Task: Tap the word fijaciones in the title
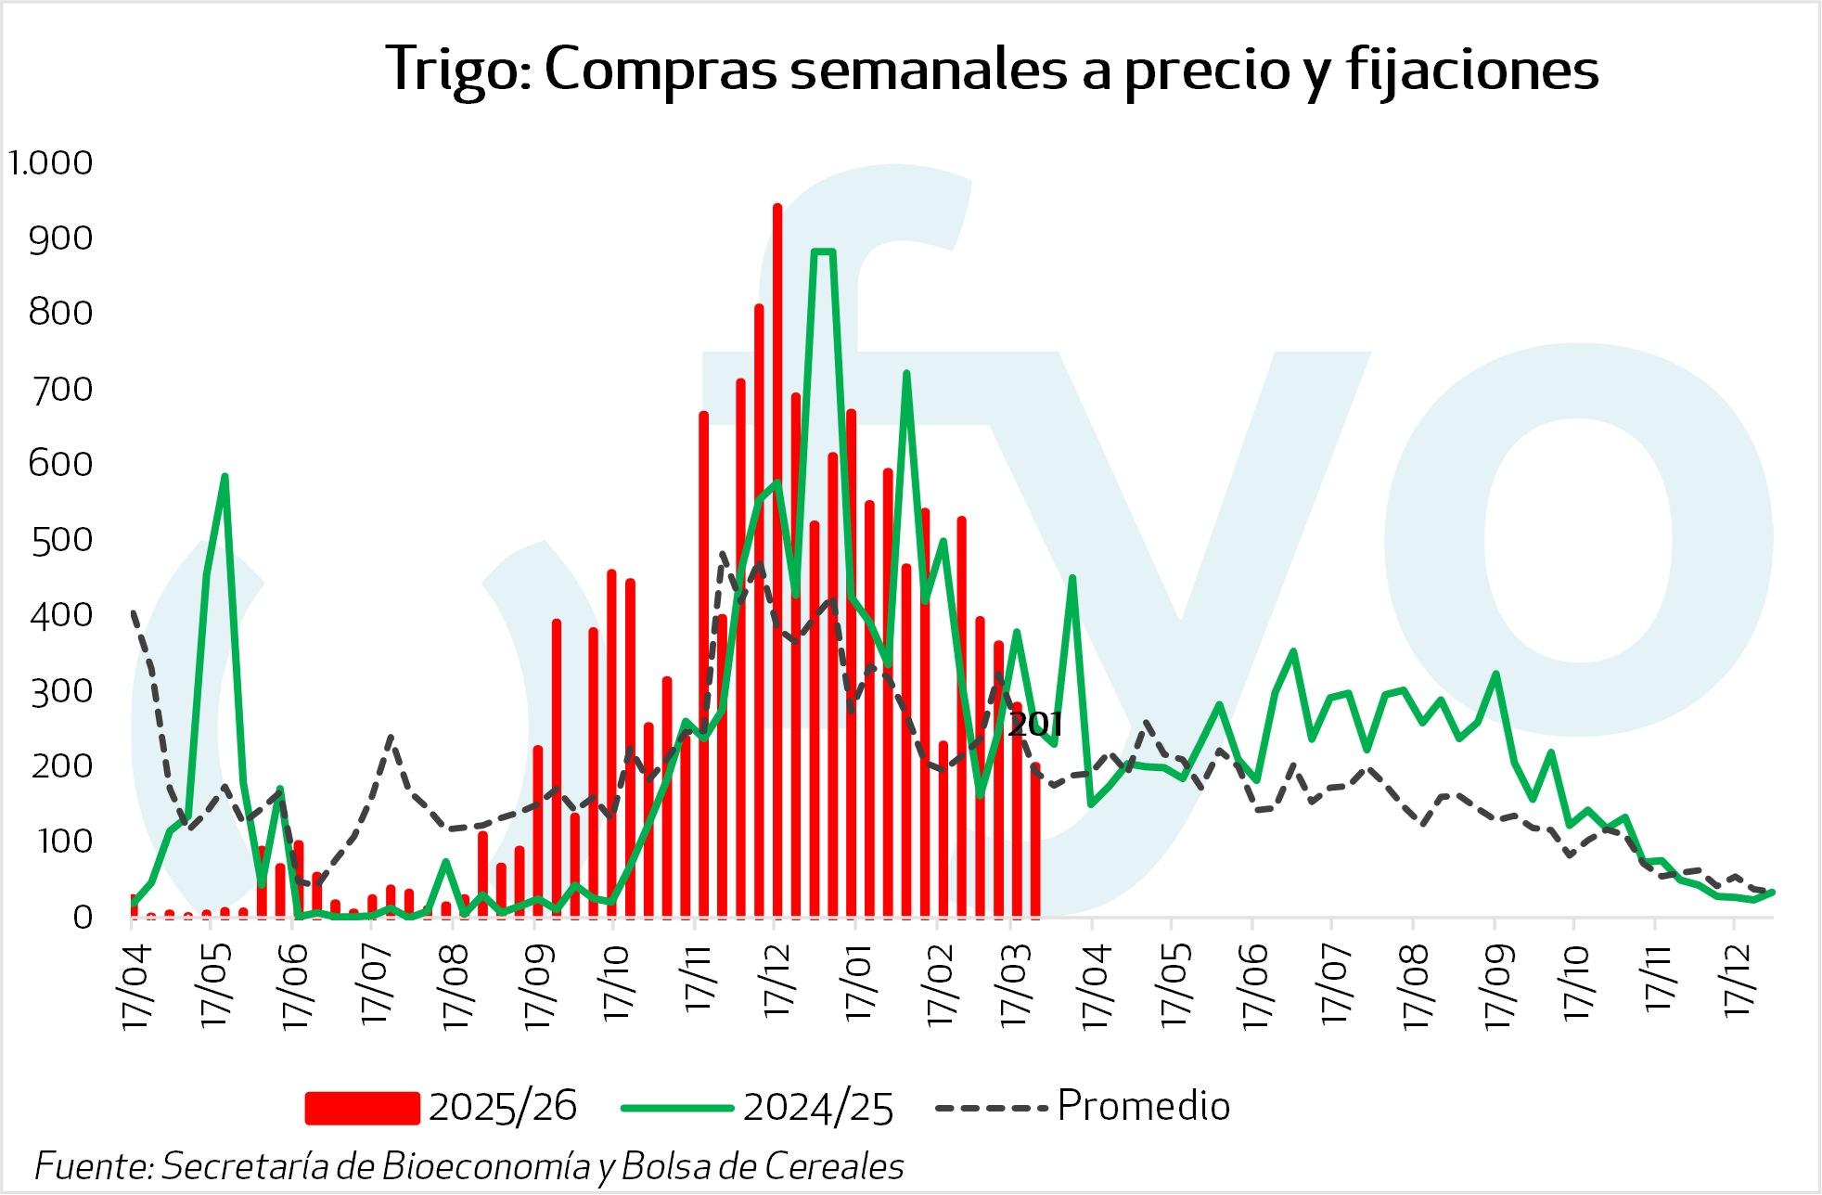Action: [1472, 71]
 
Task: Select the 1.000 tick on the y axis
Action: [51, 163]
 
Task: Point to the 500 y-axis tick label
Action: [61, 540]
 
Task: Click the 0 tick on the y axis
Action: [83, 918]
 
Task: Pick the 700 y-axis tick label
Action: [61, 389]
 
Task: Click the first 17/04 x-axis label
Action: [135, 986]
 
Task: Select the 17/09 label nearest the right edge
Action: [1498, 986]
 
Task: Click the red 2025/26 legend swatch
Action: [362, 1108]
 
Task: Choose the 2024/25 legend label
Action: [818, 1108]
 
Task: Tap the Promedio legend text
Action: [1143, 1106]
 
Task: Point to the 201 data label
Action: [1034, 725]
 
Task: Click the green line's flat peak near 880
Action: [823, 251]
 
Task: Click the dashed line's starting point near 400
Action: [133, 612]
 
